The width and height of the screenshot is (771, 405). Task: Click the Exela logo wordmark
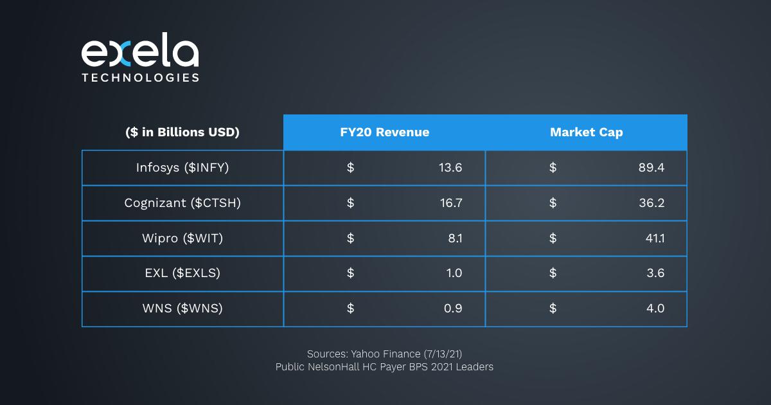[x=139, y=53]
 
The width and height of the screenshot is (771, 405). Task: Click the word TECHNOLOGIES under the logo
[x=139, y=78]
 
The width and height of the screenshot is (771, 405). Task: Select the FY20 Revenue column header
[x=384, y=132]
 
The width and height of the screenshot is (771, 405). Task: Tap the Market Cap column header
[x=586, y=132]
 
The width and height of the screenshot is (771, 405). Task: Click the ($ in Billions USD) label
[x=182, y=132]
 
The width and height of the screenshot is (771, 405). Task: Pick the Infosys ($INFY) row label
[x=182, y=168]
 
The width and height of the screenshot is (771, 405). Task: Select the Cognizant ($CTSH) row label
[x=182, y=203]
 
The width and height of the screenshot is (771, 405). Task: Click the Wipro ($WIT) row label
[x=182, y=239]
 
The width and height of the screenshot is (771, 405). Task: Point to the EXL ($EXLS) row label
[x=182, y=273]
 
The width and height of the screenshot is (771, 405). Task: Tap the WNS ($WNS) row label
[x=182, y=309]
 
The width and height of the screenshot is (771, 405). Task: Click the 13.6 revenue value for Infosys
[x=450, y=168]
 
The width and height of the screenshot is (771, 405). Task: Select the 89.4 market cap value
[x=651, y=168]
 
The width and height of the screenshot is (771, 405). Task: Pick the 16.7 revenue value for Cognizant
[x=450, y=203]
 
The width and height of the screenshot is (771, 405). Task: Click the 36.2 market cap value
[x=651, y=203]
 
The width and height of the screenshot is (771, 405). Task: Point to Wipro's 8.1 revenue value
[x=455, y=239]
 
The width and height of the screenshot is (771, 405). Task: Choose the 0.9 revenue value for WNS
[x=453, y=309]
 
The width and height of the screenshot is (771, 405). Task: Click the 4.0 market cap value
[x=655, y=309]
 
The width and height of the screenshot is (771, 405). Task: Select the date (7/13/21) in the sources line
[x=443, y=354]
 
